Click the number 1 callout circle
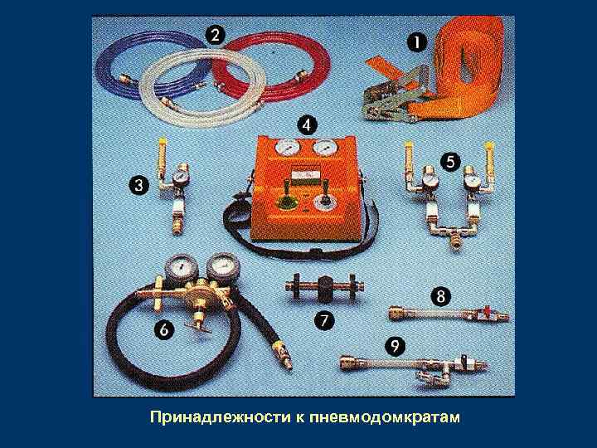point(414,40)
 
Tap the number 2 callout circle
point(214,35)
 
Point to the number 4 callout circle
point(307,125)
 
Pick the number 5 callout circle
point(450,163)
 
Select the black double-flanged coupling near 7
point(323,290)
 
